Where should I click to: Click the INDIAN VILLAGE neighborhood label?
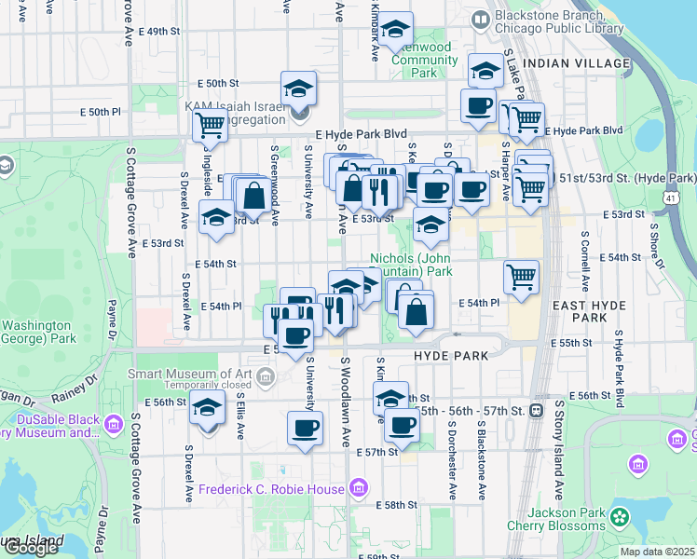click(x=577, y=62)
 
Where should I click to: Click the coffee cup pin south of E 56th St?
click(x=306, y=429)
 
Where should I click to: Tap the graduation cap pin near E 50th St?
click(x=298, y=89)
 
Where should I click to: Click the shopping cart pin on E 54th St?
click(x=521, y=276)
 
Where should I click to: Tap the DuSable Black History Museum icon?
click(x=114, y=426)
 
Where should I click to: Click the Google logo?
click(x=31, y=548)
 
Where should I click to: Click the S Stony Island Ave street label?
click(x=560, y=447)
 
